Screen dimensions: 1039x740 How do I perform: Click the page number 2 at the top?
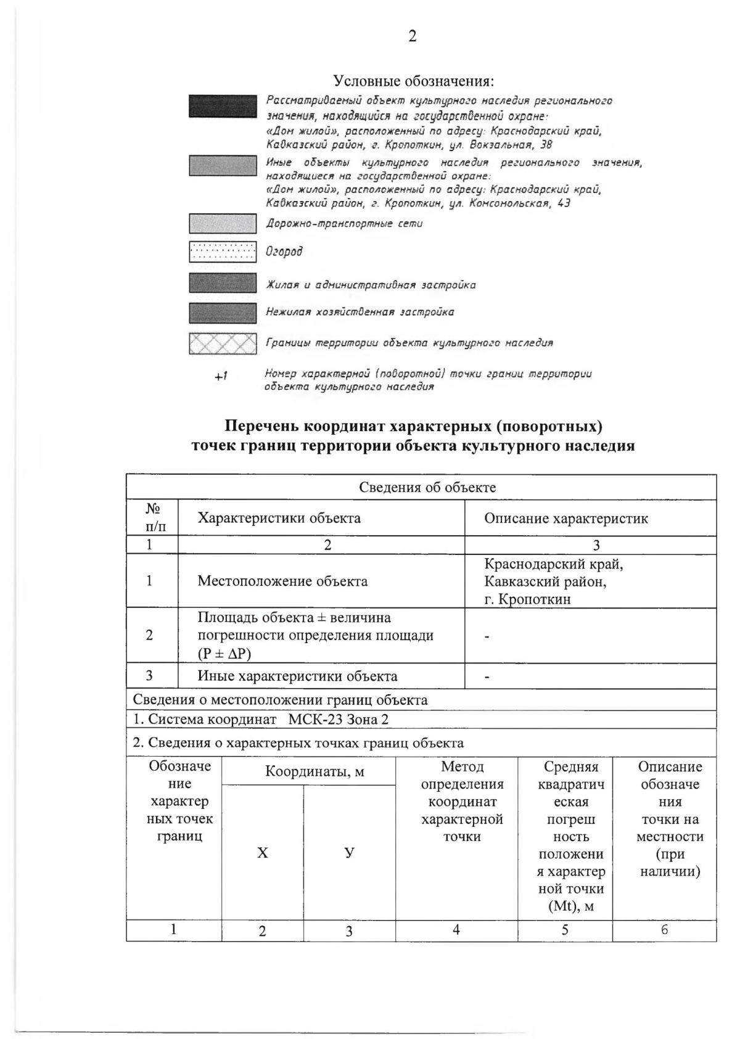pyautogui.click(x=412, y=36)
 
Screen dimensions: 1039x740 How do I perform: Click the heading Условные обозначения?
pyautogui.click(x=414, y=81)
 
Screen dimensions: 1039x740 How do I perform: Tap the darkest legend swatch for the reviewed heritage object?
pyautogui.click(x=223, y=106)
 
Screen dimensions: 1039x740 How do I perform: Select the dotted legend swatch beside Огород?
pyautogui.click(x=223, y=252)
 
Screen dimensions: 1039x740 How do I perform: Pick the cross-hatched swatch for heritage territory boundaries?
pyautogui.click(x=223, y=343)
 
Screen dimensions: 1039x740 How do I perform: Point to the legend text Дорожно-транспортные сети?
pyautogui.click(x=344, y=223)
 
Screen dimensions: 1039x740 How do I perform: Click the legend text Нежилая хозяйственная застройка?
pyautogui.click(x=360, y=312)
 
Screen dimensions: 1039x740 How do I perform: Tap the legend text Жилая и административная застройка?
pyautogui.click(x=370, y=285)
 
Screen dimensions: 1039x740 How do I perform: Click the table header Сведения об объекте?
pyautogui.click(x=427, y=487)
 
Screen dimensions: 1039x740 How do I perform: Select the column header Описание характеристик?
pyautogui.click(x=565, y=518)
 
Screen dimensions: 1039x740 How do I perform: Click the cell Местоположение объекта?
pyautogui.click(x=282, y=581)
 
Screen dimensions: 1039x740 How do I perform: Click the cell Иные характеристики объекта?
pyautogui.click(x=297, y=676)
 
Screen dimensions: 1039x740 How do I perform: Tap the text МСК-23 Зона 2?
pyautogui.click(x=339, y=720)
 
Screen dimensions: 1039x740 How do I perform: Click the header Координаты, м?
pyautogui.click(x=314, y=771)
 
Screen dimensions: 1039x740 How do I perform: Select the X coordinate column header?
pyautogui.click(x=263, y=853)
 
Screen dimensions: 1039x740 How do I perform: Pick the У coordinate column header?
pyautogui.click(x=349, y=853)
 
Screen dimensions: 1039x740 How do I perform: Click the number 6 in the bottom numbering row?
pyautogui.click(x=664, y=930)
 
